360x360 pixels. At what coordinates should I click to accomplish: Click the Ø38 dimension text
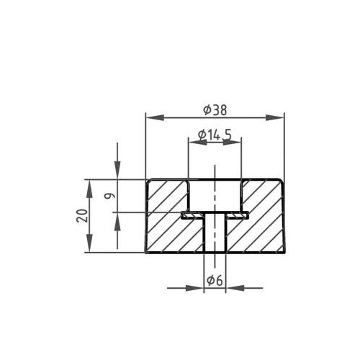215,109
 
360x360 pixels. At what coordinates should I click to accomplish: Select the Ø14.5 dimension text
214,135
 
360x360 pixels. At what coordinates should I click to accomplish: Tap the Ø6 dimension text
213,281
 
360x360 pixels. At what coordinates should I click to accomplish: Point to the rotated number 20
82,215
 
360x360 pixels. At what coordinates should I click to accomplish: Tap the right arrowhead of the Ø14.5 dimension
235,142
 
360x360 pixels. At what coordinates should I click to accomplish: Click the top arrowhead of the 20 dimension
90,185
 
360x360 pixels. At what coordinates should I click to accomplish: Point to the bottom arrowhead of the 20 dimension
90,246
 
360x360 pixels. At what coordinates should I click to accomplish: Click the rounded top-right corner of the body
282,181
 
